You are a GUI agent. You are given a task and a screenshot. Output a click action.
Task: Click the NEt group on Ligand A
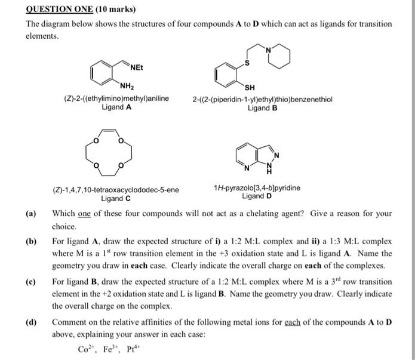point(134,66)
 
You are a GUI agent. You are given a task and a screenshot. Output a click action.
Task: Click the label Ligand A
point(117,107)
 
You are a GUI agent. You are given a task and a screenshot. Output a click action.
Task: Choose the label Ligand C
point(116,199)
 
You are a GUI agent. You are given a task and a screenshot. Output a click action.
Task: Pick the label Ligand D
point(257,196)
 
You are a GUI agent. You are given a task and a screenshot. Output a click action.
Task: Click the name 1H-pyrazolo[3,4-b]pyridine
point(257,187)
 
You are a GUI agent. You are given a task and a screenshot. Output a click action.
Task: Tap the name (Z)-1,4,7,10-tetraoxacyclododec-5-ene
point(116,190)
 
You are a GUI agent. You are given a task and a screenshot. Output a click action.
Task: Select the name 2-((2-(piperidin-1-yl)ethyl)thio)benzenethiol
point(263,100)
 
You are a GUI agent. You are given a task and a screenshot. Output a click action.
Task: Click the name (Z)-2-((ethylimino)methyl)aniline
point(116,99)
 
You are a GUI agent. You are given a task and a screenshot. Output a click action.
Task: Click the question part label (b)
point(30,242)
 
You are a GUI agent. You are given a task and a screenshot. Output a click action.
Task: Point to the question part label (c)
point(30,281)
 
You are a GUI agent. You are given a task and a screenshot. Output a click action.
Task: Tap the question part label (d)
point(30,323)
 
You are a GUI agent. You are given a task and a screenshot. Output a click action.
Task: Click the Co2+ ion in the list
point(62,349)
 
